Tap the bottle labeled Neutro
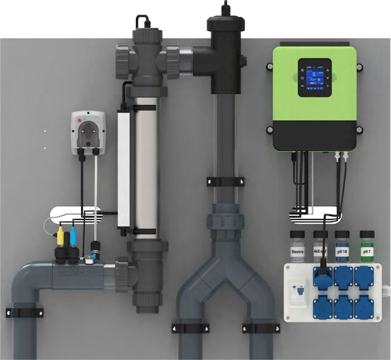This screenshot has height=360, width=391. click(297, 250)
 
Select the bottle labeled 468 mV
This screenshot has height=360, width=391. click(320, 250)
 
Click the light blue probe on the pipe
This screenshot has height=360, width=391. click(73, 236)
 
